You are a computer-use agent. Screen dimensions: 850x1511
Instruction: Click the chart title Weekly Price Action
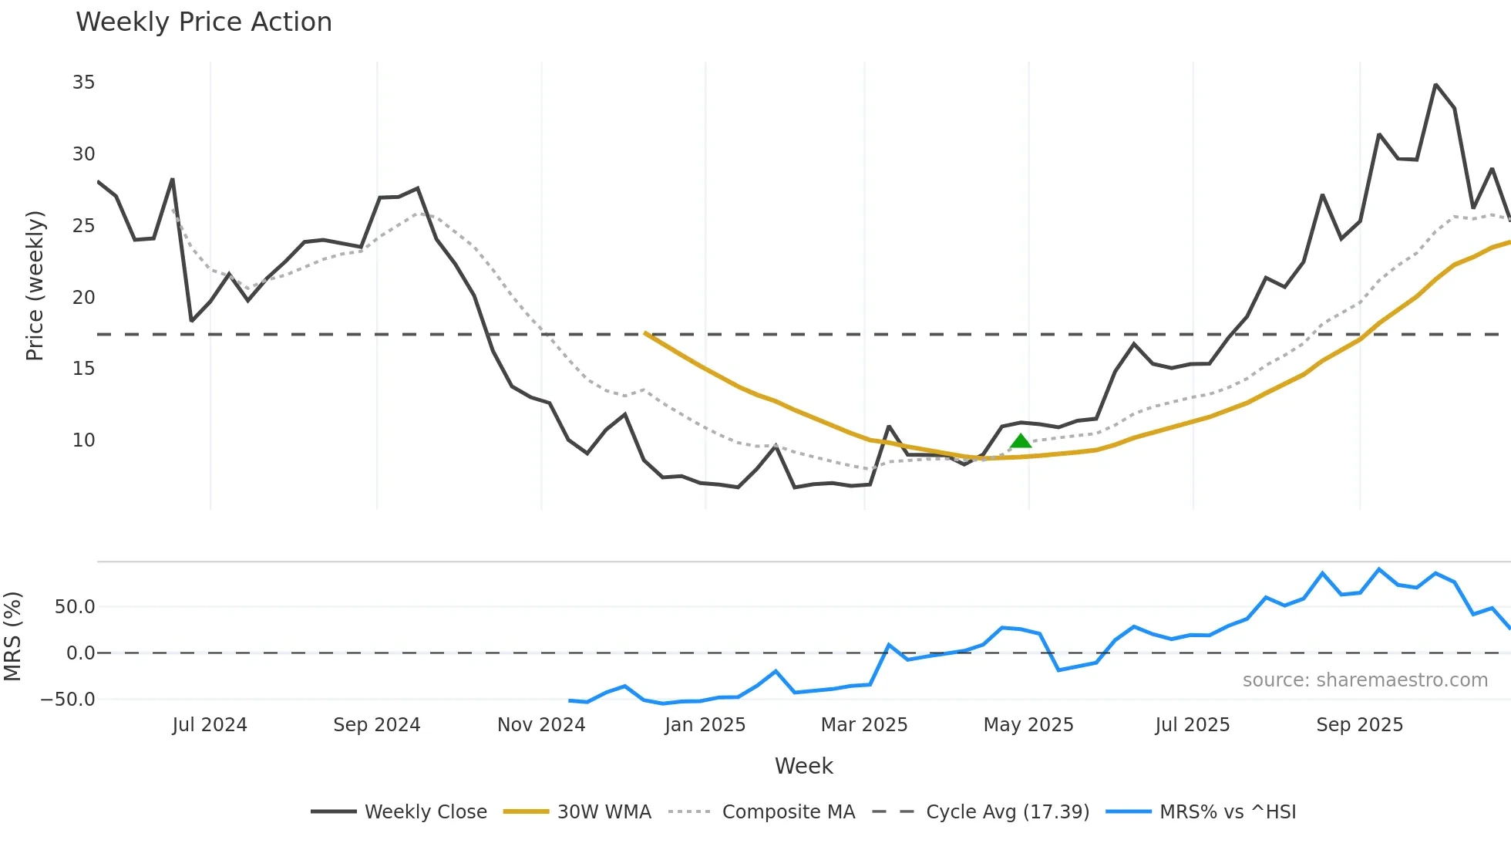[x=204, y=22]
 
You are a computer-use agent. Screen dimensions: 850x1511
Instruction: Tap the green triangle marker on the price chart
[x=1021, y=441]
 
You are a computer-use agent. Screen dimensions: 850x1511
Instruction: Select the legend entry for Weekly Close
[x=399, y=812]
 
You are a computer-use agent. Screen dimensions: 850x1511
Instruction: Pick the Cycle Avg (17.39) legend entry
[x=981, y=812]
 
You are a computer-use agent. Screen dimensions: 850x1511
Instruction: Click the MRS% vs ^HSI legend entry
[x=1201, y=812]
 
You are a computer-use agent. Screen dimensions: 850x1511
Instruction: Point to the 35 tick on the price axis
[x=83, y=83]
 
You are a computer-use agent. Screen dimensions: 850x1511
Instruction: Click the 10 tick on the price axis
[x=83, y=440]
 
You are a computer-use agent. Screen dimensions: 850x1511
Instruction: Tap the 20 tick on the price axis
[x=83, y=298]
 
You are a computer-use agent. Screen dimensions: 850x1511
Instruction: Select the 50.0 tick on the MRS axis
[x=75, y=607]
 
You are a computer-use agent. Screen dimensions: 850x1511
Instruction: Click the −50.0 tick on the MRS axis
[x=68, y=700]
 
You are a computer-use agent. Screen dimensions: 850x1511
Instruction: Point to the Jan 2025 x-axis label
[x=705, y=725]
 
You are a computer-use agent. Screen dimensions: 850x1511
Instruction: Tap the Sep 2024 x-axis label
[x=376, y=725]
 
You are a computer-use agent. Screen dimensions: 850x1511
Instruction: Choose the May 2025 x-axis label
[x=1028, y=725]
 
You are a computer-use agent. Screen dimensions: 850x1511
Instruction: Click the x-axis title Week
[x=803, y=766]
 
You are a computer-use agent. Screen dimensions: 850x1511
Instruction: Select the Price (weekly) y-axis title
[x=35, y=285]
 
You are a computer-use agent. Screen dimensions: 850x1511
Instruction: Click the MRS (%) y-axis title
[x=12, y=636]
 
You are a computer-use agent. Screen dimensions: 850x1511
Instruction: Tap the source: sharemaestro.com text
[x=1365, y=680]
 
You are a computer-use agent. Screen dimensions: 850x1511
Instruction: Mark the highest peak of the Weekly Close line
[x=1435, y=85]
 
